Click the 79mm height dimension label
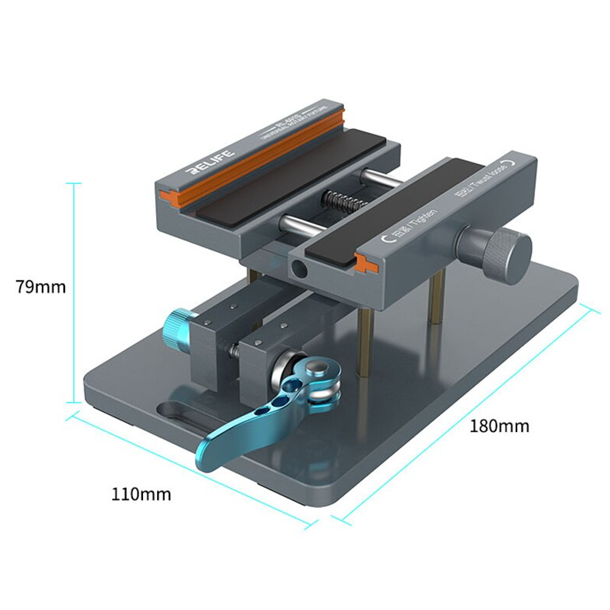pos(40,287)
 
